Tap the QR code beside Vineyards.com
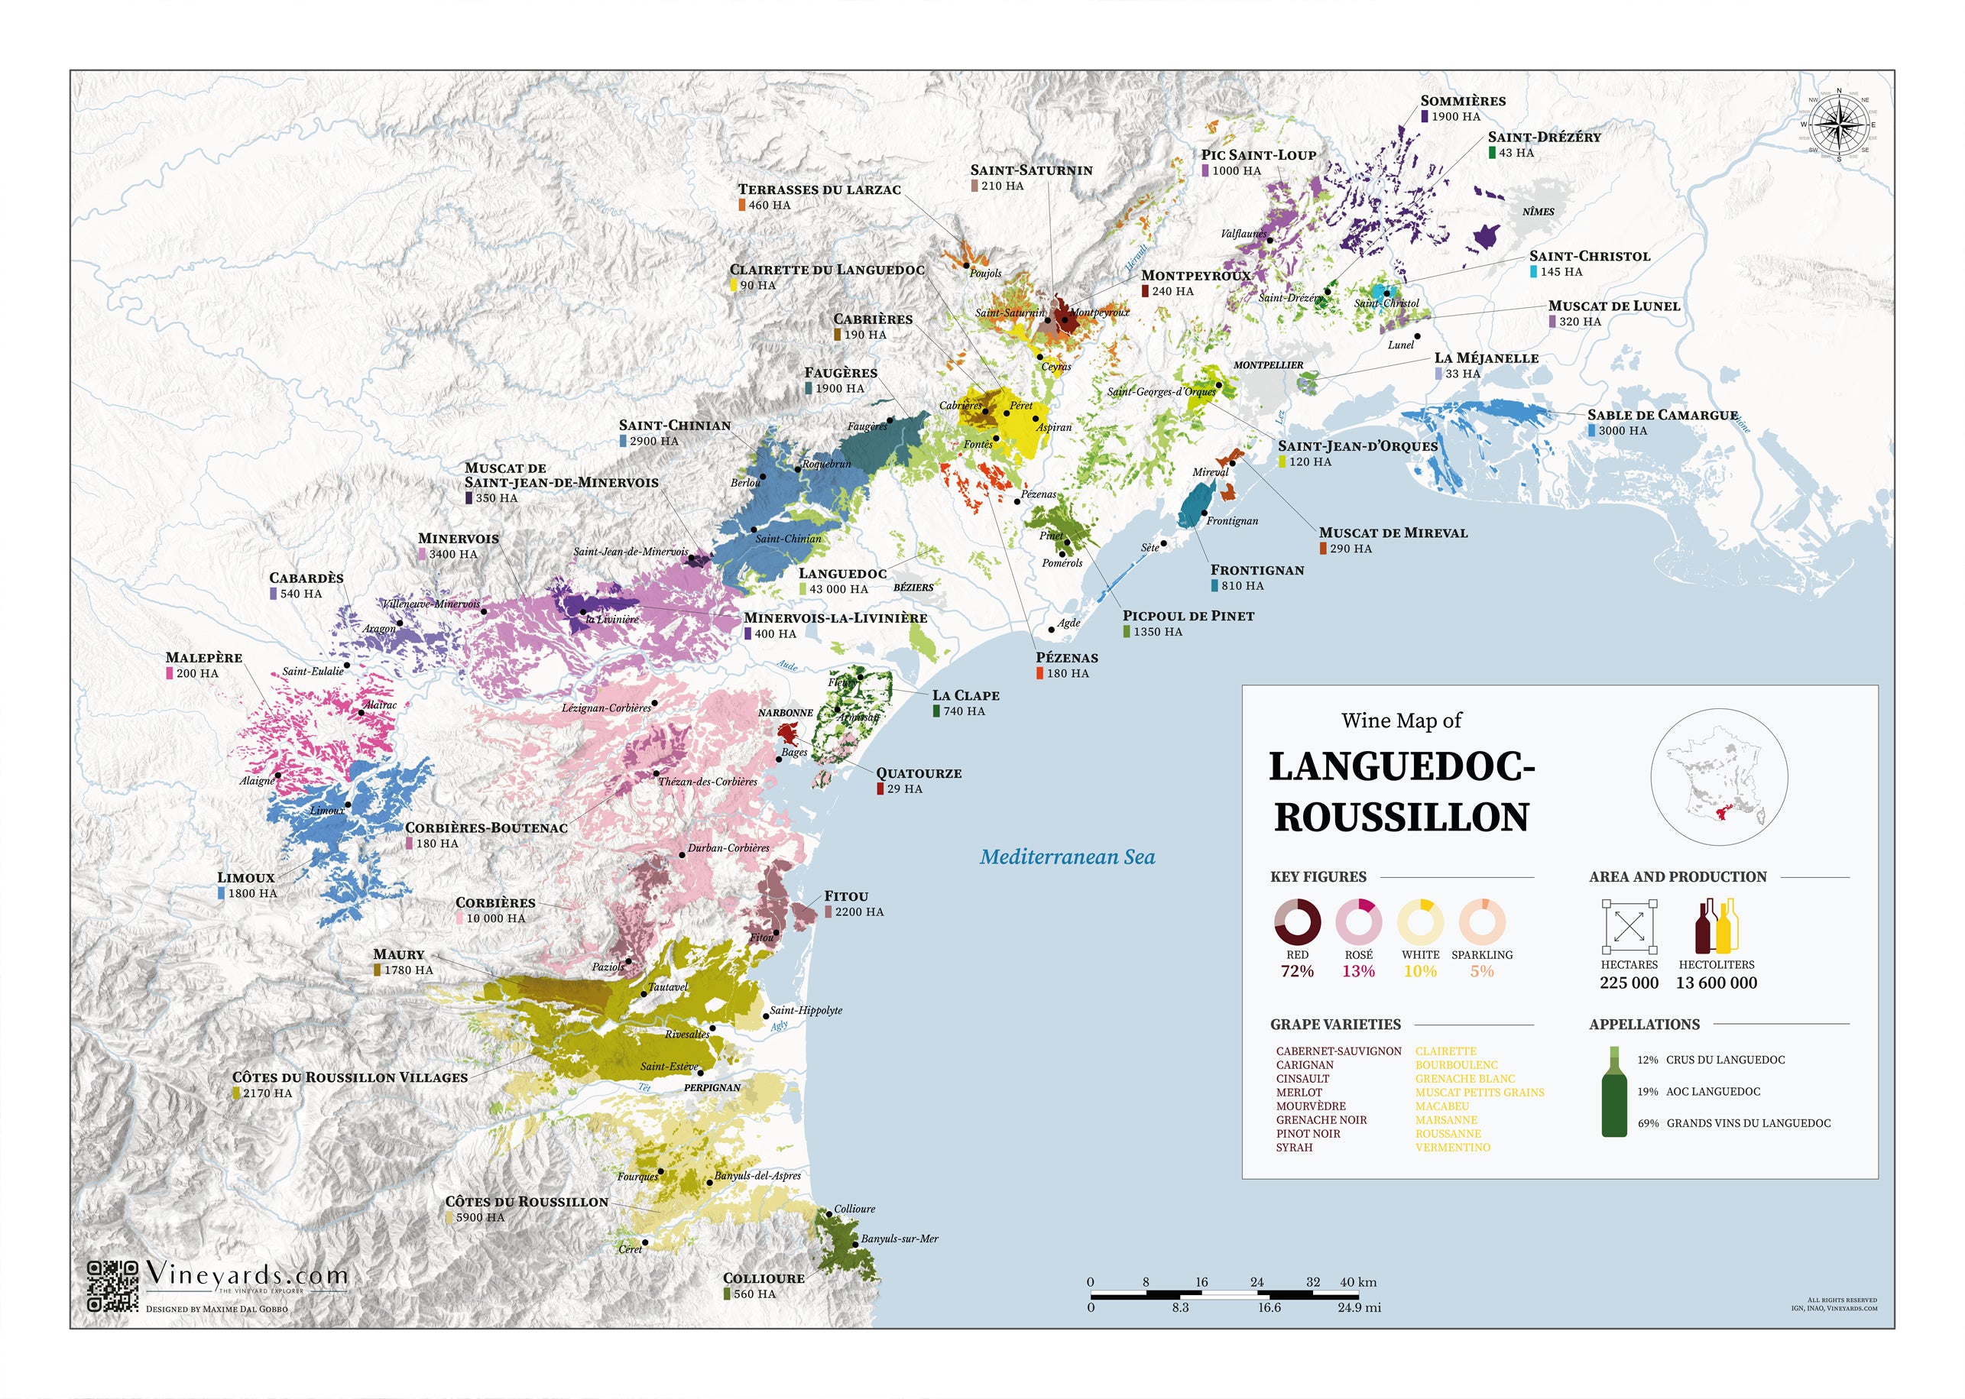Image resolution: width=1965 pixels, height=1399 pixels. (113, 1286)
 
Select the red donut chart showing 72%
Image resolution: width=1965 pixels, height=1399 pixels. (1296, 921)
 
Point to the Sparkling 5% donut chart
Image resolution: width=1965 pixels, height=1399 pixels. (1481, 921)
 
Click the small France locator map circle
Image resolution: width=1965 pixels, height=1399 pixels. (1718, 776)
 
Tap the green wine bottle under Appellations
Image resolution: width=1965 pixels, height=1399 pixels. (1613, 1093)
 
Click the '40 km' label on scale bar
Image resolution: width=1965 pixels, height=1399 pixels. (1357, 1282)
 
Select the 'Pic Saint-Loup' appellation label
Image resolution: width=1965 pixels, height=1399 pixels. (1258, 155)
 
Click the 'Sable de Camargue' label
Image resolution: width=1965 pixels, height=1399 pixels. (1662, 415)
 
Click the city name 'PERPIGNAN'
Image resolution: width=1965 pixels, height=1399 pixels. (712, 1087)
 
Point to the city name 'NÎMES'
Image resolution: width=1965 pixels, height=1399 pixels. (1538, 211)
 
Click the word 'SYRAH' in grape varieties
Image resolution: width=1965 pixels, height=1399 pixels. (1294, 1148)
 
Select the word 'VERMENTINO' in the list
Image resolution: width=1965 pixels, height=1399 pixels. (1451, 1148)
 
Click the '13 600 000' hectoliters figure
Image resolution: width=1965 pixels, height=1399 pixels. (1715, 983)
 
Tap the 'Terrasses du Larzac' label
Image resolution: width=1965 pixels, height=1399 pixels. (819, 189)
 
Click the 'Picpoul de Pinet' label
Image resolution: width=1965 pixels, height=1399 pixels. (1187, 616)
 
